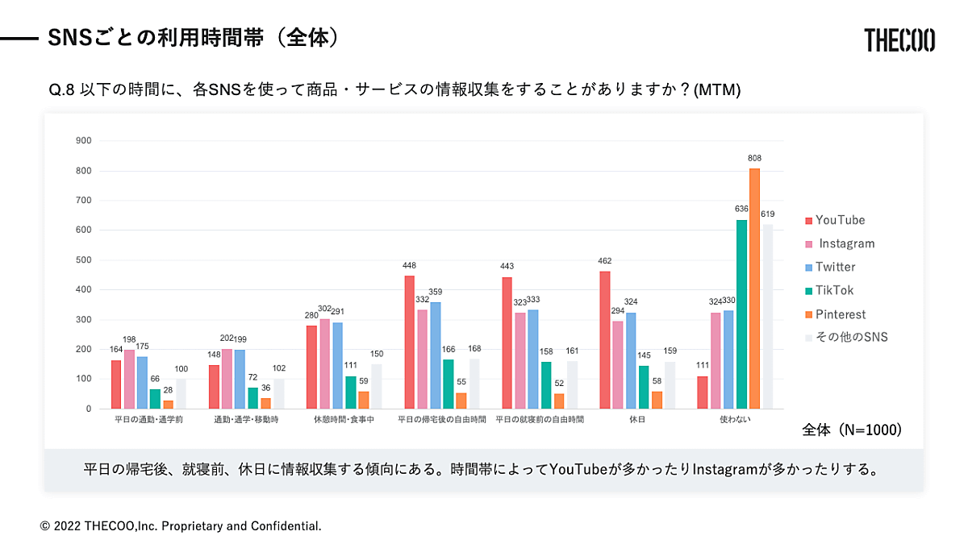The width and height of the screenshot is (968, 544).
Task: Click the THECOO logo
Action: tap(899, 39)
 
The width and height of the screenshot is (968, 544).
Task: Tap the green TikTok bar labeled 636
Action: tap(741, 314)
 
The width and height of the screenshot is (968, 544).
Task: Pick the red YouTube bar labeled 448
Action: tap(409, 342)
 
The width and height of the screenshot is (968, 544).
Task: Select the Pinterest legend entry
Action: tap(839, 314)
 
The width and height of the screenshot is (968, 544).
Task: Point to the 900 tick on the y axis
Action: tap(83, 141)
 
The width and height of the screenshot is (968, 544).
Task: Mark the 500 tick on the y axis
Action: tap(83, 260)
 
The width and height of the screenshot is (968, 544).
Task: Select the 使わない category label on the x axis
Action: tap(735, 420)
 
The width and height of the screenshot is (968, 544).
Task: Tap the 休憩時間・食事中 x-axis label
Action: tap(344, 420)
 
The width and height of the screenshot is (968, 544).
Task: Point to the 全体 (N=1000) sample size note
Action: tap(852, 430)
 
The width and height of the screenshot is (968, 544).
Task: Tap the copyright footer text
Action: tap(181, 525)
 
